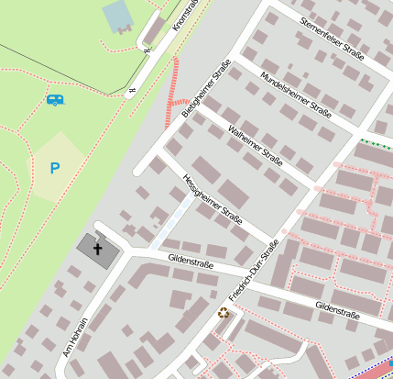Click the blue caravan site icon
55,99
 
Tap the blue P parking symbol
54,168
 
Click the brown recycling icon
224,313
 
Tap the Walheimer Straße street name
255,143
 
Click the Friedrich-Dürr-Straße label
254,272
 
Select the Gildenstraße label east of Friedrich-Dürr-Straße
336,309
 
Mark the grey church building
95,249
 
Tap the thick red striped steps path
171,92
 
